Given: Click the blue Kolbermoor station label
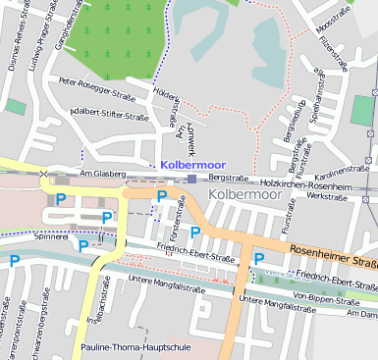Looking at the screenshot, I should pos(192,165).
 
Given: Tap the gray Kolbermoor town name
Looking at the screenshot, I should pos(244,195).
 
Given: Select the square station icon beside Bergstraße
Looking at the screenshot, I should pos(191,179).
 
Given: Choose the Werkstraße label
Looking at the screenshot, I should pos(328,196).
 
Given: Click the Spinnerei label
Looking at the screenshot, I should pos(52,236).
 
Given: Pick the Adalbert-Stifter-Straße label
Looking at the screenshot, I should pos(102,114).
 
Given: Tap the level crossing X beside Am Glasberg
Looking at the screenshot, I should pos(44,174).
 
